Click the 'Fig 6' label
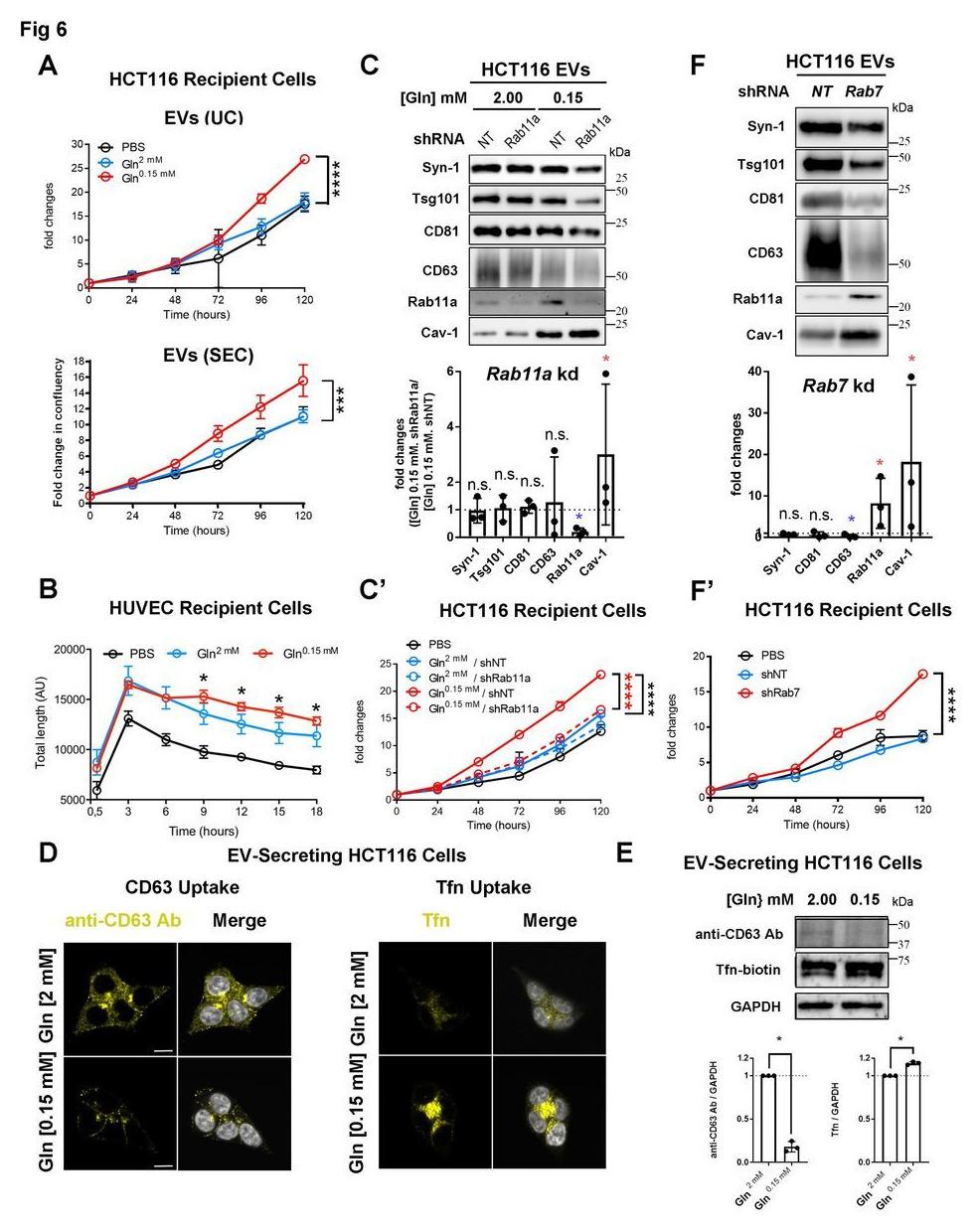pyautogui.click(x=43, y=30)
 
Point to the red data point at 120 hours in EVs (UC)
pyautogui.click(x=304, y=158)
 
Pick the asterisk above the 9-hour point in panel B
pyautogui.click(x=203, y=681)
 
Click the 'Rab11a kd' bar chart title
pyautogui.click(x=521, y=374)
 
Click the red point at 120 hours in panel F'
pyautogui.click(x=923, y=674)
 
